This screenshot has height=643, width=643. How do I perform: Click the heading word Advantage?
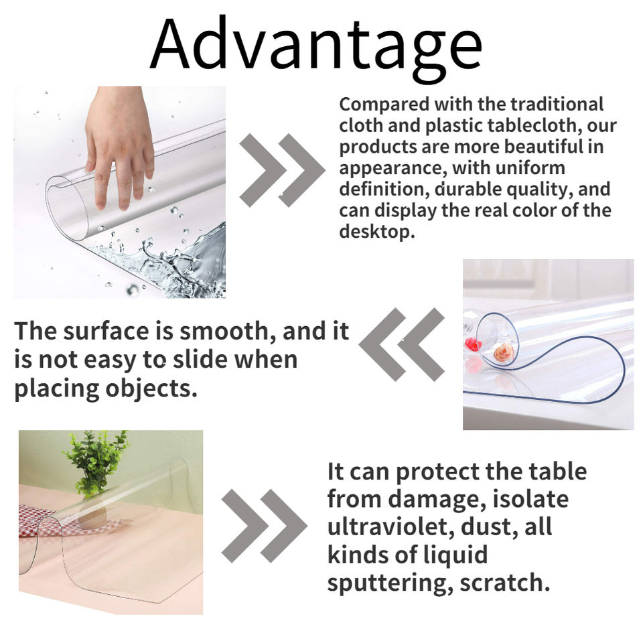(315, 47)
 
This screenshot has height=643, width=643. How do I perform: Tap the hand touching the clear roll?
(120, 143)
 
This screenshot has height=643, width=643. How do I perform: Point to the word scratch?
(504, 582)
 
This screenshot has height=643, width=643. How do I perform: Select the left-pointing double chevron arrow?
(401, 344)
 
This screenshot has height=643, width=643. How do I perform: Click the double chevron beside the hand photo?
(282, 170)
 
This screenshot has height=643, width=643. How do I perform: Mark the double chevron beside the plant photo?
(264, 526)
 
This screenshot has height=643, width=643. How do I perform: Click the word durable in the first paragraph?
(468, 190)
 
